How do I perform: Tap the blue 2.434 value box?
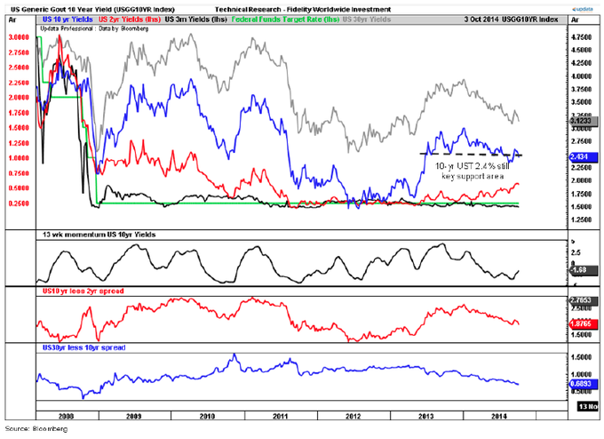(579, 156)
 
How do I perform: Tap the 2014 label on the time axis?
(501, 415)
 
